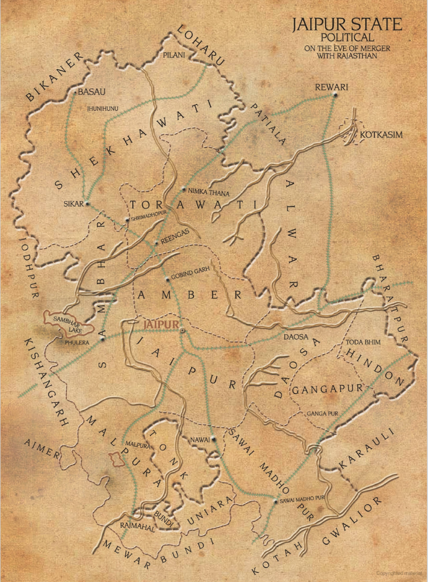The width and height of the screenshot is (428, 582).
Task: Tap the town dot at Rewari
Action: [x=335, y=95]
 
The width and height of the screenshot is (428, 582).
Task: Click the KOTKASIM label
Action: [x=381, y=135]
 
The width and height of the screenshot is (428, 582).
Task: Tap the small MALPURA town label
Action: [x=136, y=443]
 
